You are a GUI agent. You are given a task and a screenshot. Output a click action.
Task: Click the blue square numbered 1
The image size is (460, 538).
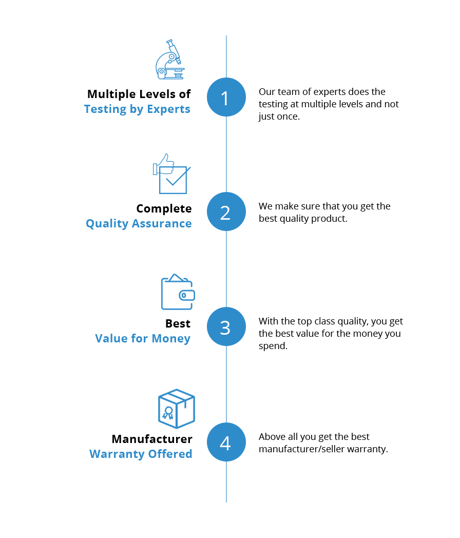tap(226, 97)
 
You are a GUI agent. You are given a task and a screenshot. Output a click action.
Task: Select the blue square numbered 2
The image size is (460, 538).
tap(226, 212)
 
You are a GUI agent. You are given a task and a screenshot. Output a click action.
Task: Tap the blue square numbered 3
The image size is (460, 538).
tap(226, 326)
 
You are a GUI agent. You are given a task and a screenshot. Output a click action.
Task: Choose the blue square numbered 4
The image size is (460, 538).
tap(226, 442)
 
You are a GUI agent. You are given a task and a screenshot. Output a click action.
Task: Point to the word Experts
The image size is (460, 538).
tap(169, 109)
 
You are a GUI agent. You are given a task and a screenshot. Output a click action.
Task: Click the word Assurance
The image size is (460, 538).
tap(161, 224)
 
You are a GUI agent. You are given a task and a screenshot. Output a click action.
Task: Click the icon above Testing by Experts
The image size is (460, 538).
tap(169, 60)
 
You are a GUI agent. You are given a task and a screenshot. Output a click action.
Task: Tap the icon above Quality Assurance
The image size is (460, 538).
tap(172, 174)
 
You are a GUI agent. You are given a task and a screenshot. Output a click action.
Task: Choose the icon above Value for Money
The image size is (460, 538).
tap(177, 292)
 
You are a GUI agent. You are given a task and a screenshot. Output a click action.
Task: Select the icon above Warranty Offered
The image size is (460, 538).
tap(176, 409)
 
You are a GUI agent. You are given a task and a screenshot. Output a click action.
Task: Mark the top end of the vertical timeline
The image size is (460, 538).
tap(226, 36)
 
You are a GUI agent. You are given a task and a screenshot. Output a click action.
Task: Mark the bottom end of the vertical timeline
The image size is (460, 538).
tap(226, 502)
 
